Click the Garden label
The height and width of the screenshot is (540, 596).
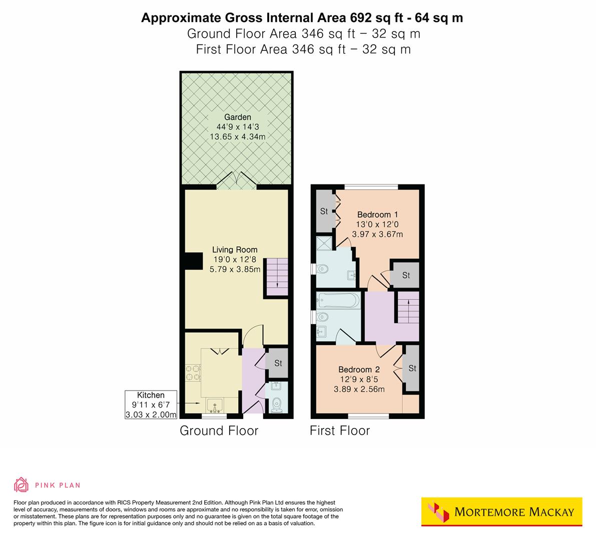pos(237,117)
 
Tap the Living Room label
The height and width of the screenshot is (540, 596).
pos(235,249)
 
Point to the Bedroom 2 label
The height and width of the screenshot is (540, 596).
pos(359,370)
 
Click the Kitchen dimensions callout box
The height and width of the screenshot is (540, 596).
pos(151,404)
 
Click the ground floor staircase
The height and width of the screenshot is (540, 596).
pos(276,276)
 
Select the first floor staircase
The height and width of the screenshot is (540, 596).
pos(408,309)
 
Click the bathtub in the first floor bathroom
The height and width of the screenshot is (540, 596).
pos(338,301)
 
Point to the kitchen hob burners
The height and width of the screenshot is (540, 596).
pos(193,373)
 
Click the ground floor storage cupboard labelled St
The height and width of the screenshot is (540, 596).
pos(278,363)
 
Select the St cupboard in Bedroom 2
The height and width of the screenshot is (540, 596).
pos(412,368)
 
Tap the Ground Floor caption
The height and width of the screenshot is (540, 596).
pos(219,430)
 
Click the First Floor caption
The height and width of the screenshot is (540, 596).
pos(340,430)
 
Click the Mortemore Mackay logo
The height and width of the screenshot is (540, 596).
pos(501,511)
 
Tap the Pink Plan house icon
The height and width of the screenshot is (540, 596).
pos(22,484)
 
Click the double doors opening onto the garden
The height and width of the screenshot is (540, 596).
pos(237,181)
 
